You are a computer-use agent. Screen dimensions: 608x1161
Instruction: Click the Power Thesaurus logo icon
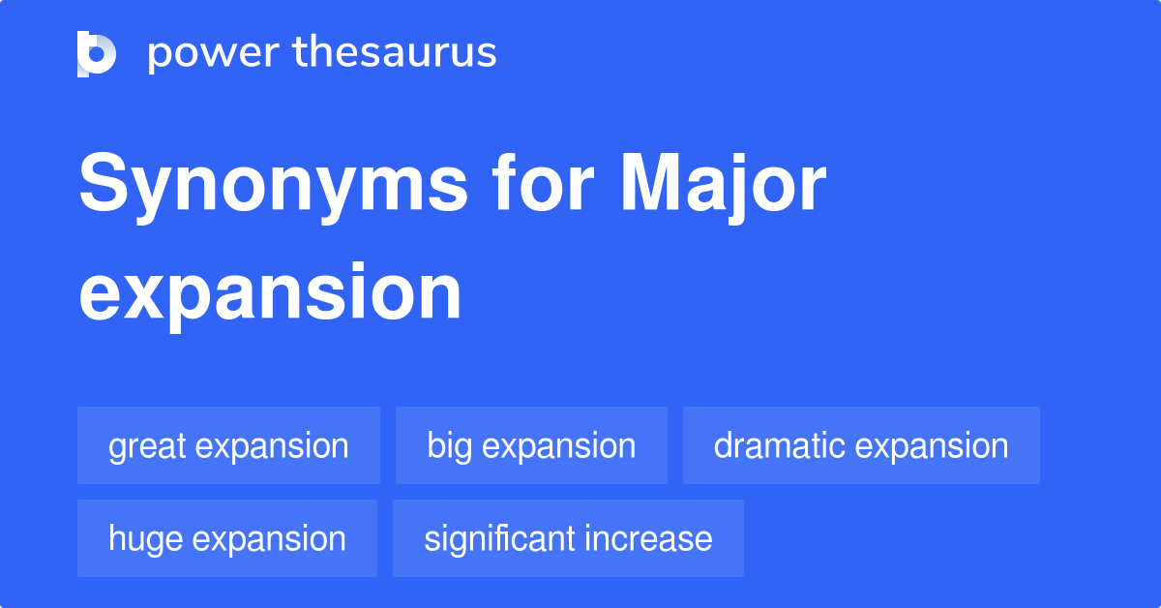[x=97, y=53]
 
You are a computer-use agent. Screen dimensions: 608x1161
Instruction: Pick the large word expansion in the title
[x=270, y=293]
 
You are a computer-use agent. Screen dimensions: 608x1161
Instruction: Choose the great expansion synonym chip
[x=228, y=445]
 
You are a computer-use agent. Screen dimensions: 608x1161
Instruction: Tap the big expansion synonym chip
[x=531, y=445]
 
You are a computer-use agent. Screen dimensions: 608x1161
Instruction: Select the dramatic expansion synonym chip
[x=861, y=445]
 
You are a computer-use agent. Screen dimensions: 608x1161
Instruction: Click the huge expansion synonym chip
[x=227, y=538]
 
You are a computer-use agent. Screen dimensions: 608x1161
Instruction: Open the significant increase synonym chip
[x=568, y=538]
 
